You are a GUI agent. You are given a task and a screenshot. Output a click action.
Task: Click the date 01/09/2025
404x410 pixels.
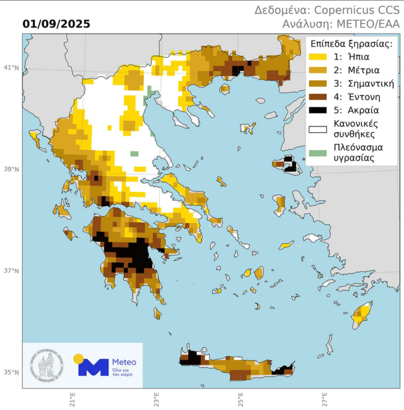(57, 24)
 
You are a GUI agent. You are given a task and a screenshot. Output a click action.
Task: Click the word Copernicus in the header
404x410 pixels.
(345, 10)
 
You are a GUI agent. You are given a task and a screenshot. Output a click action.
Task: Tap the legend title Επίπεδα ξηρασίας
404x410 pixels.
(351, 44)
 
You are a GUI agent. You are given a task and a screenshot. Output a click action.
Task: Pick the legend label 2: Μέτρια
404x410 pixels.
(356, 70)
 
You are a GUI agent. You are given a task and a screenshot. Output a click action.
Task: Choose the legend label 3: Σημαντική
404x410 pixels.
(363, 84)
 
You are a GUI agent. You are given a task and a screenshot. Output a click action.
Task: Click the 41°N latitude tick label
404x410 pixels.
(12, 68)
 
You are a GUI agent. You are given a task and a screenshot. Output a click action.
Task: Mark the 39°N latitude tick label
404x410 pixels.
(12, 169)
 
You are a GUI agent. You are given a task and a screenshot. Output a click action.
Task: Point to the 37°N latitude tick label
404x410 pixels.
(12, 271)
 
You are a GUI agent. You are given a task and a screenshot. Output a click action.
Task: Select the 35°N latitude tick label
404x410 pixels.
(12, 373)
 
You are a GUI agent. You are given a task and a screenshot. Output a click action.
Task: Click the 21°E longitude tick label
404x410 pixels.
(72, 398)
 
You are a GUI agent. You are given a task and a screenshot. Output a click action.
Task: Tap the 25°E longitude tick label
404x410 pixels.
(241, 398)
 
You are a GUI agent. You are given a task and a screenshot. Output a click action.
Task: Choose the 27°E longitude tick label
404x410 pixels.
(325, 398)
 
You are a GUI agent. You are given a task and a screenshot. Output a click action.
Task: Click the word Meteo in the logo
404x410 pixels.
(124, 362)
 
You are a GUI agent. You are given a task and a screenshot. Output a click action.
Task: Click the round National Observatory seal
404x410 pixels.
(47, 365)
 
